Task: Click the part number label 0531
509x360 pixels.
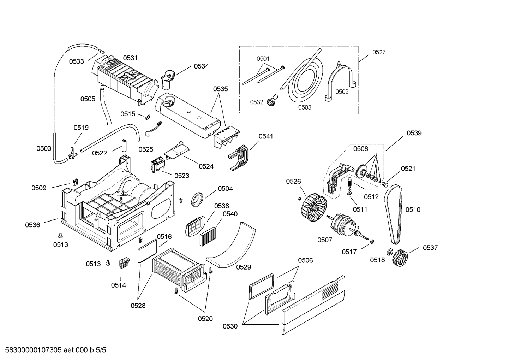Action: [130, 58]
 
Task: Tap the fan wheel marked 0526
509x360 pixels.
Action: [313, 206]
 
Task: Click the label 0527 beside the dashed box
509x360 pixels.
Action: [379, 52]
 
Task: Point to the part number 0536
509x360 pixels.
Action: [32, 225]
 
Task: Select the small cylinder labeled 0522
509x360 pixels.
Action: [124, 145]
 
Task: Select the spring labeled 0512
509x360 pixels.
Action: [350, 183]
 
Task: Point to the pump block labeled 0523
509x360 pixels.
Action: [157, 165]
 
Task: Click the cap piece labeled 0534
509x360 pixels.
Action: [167, 78]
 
